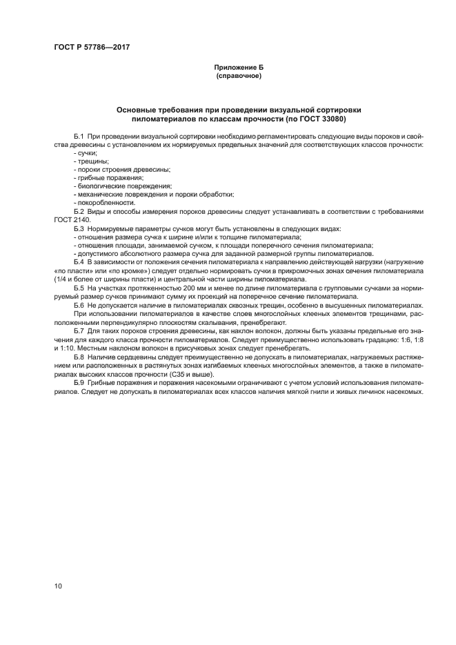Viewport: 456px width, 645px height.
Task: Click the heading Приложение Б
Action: click(239, 68)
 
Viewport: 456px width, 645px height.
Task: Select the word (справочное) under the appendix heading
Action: click(239, 75)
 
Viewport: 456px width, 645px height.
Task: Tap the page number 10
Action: click(58, 586)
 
